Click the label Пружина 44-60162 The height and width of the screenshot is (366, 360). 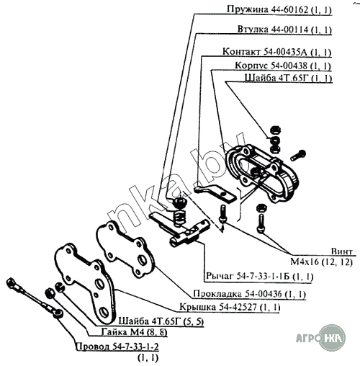[x=267, y=9]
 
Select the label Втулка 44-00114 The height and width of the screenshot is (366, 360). [x=273, y=30]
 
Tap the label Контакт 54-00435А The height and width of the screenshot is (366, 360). [x=265, y=52]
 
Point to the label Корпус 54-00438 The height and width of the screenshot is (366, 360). [x=271, y=66]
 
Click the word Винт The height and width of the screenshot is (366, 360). [x=342, y=251]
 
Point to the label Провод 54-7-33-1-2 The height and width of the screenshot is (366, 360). [x=117, y=347]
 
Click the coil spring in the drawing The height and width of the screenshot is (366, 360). [x=179, y=217]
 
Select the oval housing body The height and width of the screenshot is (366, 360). [x=262, y=172]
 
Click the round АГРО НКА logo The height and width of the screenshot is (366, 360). [x=333, y=338]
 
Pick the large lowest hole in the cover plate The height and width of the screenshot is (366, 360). [x=104, y=312]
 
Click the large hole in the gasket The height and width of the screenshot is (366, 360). [x=143, y=260]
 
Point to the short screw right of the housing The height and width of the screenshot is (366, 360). [x=298, y=155]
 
